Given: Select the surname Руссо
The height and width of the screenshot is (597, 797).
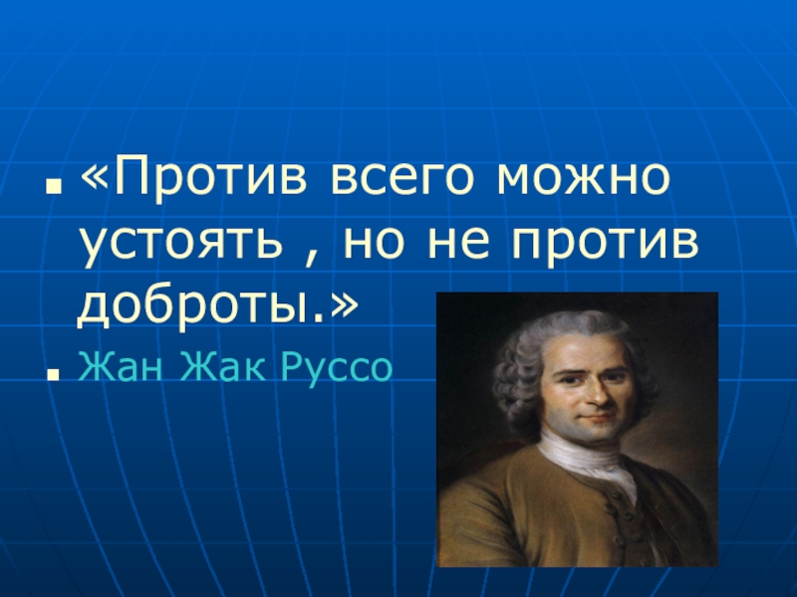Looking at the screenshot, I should tap(339, 369).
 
